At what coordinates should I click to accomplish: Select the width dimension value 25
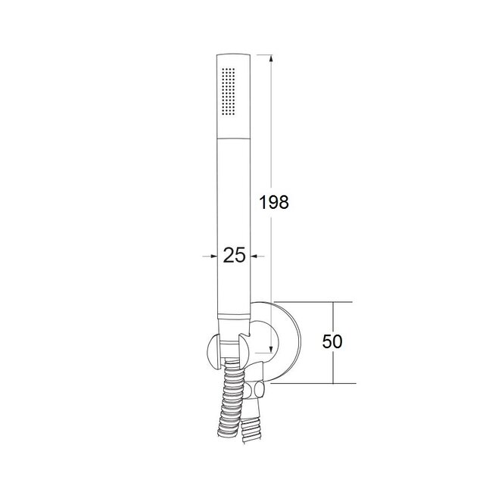235,256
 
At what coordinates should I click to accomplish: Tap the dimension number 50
332,341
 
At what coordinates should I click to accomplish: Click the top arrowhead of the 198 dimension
269,58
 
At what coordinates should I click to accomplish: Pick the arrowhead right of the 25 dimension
257,257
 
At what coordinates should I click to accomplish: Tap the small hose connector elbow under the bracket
257,391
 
